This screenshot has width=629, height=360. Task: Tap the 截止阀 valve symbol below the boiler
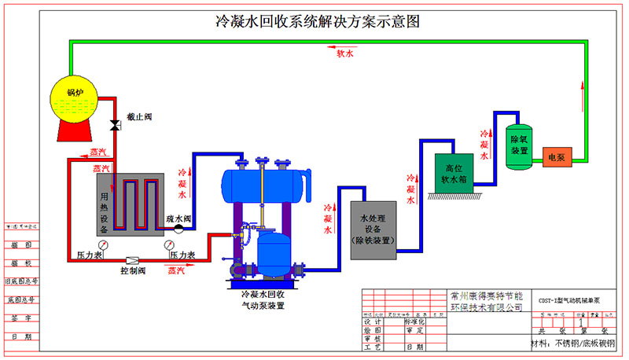click(115, 125)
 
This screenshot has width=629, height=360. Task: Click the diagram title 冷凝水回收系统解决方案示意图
click(317, 22)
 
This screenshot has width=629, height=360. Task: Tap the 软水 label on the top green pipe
click(345, 55)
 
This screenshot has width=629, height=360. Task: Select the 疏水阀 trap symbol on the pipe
click(178, 229)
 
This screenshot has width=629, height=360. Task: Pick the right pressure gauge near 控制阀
click(169, 245)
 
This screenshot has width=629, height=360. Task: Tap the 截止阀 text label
click(138, 116)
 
